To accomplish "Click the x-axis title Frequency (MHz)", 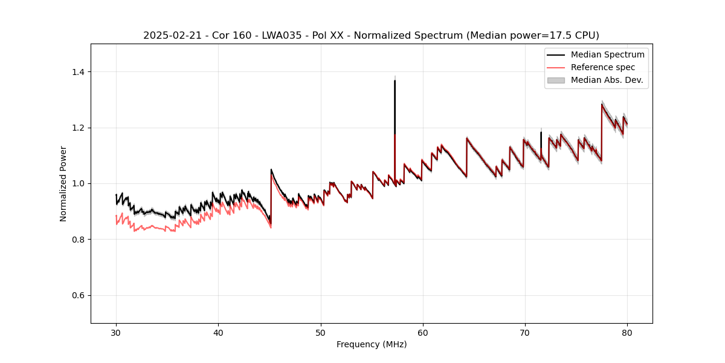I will coord(372,344).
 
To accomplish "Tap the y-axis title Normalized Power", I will coord(63,183).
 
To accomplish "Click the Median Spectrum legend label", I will coord(607,54).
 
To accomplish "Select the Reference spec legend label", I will coord(603,67).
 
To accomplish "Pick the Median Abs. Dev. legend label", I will coord(607,80).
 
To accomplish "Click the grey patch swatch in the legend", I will coord(556,80).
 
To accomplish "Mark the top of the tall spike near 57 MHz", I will coord(395,80).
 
